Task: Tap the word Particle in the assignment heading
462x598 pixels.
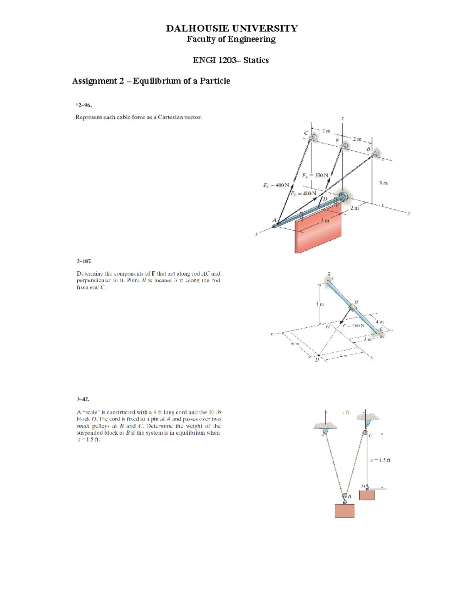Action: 215,81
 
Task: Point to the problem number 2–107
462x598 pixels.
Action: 84,261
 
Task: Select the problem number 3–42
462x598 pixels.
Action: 83,399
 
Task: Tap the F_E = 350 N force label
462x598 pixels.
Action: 315,176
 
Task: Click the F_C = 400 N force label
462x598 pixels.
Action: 276,185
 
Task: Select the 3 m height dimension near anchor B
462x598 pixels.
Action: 383,183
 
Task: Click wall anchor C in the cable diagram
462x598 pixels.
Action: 313,137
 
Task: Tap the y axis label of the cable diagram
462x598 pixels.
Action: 409,213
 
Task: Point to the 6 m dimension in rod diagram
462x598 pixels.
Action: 295,343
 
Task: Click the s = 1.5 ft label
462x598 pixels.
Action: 380,460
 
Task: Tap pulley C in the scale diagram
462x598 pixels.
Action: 365,433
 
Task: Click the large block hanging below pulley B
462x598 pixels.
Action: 344,511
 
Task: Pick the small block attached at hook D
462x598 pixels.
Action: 367,495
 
